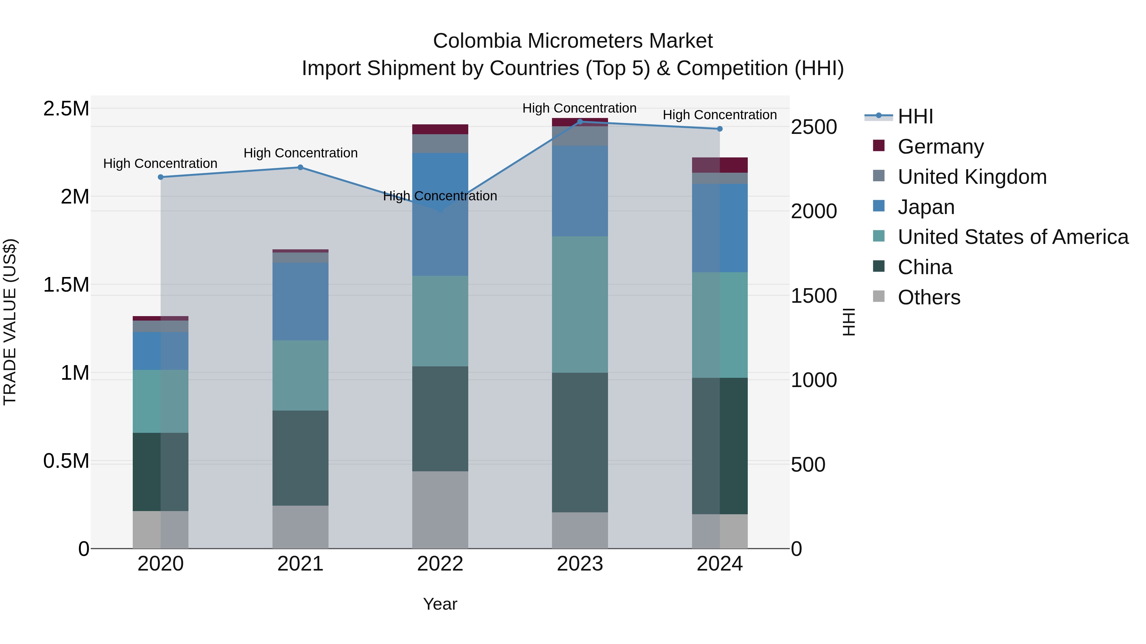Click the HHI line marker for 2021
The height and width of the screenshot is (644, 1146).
coord(300,168)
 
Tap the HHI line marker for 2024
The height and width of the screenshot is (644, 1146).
coord(720,129)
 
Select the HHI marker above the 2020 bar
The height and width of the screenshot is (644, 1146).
coord(161,177)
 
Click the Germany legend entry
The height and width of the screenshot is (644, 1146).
coord(940,147)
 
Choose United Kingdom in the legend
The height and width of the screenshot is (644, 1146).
coord(972,177)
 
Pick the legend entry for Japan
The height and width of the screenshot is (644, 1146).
coord(926,207)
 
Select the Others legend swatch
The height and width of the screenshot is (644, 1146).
coord(879,296)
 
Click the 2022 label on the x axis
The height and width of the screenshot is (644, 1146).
coord(440,564)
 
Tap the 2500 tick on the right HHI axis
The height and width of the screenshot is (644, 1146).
coord(814,127)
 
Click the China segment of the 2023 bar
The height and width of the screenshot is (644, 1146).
coord(580,442)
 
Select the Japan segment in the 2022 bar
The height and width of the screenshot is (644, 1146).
coord(440,214)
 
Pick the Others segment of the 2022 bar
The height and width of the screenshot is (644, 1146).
coord(440,510)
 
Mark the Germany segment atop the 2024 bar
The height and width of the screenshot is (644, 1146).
coord(720,165)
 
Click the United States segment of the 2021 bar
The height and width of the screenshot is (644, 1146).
coord(300,376)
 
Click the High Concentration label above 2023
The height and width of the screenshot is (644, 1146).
coord(579,108)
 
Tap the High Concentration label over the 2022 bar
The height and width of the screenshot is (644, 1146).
coord(440,196)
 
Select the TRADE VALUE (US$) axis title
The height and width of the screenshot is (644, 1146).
coord(10,322)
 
